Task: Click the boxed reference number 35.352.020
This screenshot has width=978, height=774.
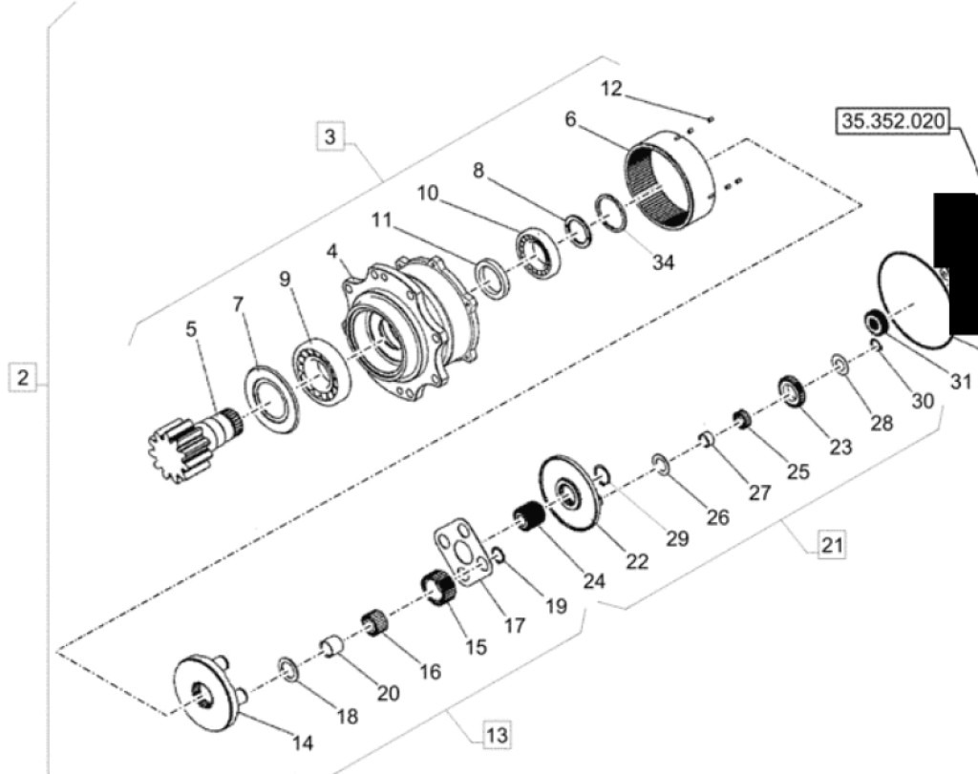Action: pyautogui.click(x=891, y=122)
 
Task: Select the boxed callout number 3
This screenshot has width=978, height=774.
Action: pyautogui.click(x=330, y=136)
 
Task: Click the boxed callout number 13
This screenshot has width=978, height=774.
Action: pyautogui.click(x=496, y=735)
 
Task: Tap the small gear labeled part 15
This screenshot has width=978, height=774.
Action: pyautogui.click(x=437, y=587)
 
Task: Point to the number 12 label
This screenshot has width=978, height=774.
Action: pyautogui.click(x=611, y=89)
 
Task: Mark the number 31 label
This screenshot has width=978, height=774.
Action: pyautogui.click(x=960, y=381)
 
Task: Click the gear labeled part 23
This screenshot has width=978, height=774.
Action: pyautogui.click(x=792, y=391)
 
